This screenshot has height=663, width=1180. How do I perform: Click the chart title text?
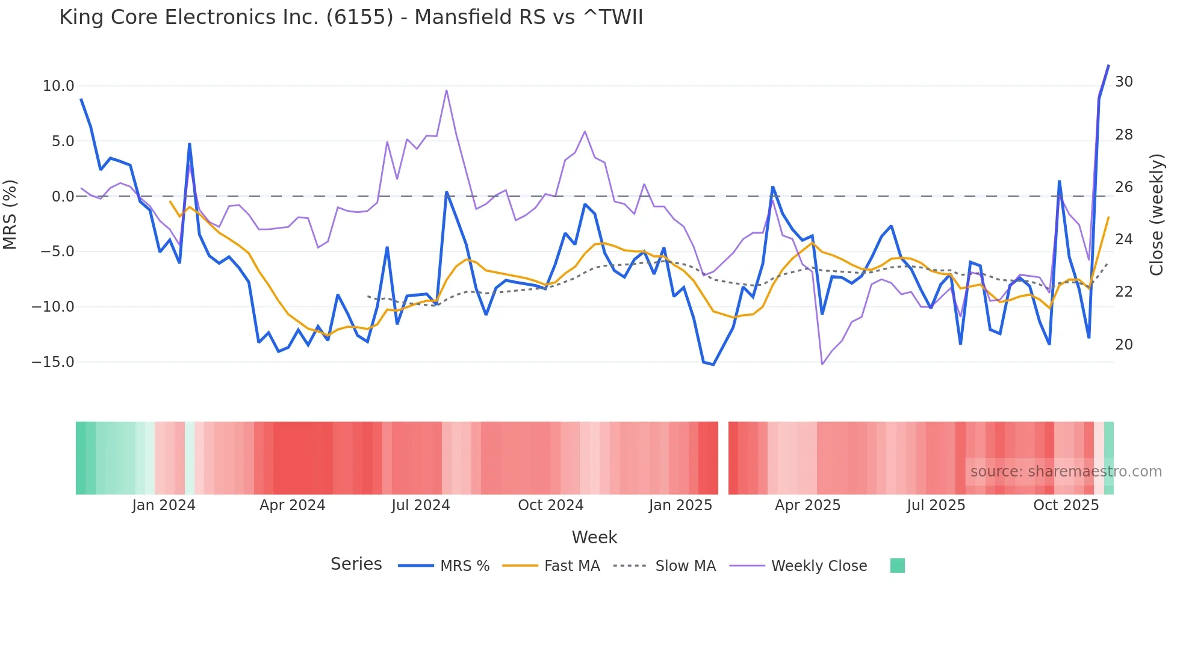tap(351, 17)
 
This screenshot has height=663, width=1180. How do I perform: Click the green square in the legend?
tap(897, 566)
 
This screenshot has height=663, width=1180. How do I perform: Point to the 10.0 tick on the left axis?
tap(58, 86)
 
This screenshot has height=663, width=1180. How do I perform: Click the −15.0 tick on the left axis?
tap(53, 362)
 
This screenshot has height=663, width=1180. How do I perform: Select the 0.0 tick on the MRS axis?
tap(63, 197)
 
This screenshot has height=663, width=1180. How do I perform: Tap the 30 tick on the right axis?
tap(1123, 82)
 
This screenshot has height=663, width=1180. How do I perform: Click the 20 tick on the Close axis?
tap(1123, 345)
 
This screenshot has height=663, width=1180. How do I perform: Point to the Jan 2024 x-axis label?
tap(164, 505)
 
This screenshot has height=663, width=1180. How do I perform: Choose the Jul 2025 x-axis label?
tap(936, 505)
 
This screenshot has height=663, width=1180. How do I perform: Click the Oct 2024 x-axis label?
tap(550, 505)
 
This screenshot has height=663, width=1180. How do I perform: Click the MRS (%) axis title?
tap(10, 214)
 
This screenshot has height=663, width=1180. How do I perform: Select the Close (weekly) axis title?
tap(1156, 215)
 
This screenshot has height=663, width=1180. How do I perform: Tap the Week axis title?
tap(594, 537)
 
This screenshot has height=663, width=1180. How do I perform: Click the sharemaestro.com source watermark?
tap(1066, 472)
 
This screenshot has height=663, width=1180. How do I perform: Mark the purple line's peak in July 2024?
tap(446, 90)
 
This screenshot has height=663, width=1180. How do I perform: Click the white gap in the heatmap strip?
tap(723, 458)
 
